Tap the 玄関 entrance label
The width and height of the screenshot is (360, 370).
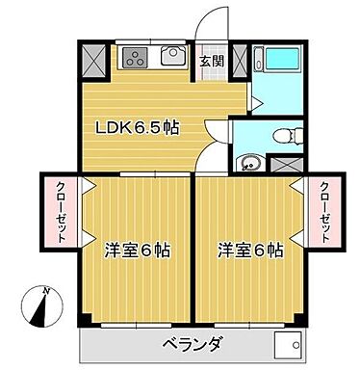point(212,59)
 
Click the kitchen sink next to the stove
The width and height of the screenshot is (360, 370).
point(174,57)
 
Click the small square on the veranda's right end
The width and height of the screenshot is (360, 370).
point(285,344)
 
